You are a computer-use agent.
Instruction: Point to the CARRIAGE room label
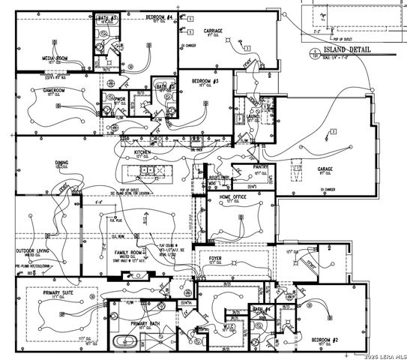pyautogui.click(x=215, y=31)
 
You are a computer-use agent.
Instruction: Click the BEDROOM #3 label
pyautogui.click(x=204, y=81)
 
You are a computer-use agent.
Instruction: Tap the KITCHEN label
pyautogui.click(x=144, y=152)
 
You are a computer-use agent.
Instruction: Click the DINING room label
pyautogui.click(x=61, y=162)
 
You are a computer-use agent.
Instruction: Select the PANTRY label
pyautogui.click(x=261, y=167)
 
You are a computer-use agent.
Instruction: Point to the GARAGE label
pyautogui.click(x=325, y=169)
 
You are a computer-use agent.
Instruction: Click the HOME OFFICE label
pyautogui.click(x=233, y=196)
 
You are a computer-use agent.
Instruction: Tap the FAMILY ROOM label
pyautogui.click(x=128, y=253)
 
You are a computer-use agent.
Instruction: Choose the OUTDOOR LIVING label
pyautogui.click(x=32, y=250)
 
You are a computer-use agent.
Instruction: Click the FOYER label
pyautogui.click(x=216, y=257)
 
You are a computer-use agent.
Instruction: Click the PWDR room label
pyautogui.click(x=119, y=97)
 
